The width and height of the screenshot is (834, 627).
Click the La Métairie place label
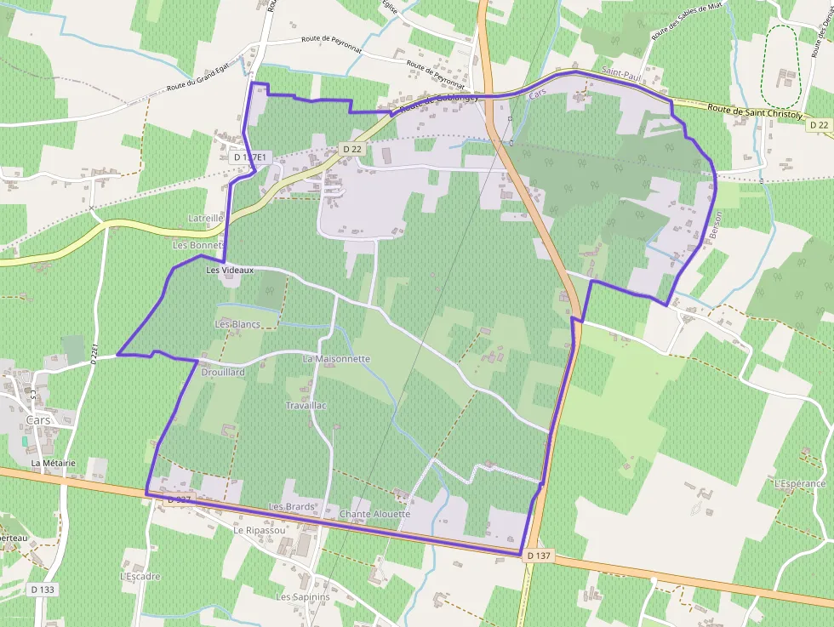coord(54,463)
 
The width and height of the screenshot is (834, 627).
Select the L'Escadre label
coord(140,576)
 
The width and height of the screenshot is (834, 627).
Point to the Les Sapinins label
coord(303,597)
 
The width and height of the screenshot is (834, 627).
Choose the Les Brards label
coord(292,506)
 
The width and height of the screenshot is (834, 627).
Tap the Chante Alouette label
coord(374,514)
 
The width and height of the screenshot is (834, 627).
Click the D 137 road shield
coord(540,556)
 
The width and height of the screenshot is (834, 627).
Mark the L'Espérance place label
coord(800,483)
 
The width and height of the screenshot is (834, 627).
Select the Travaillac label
coord(306,406)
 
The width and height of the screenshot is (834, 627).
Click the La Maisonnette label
coord(336,359)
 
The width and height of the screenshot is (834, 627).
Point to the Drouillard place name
coord(223,373)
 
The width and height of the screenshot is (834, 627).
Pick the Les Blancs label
coord(237,324)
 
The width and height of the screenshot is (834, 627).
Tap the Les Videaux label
coord(230,270)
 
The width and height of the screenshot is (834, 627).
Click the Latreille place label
coord(205,219)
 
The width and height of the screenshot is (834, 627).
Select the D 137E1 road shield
coord(250,157)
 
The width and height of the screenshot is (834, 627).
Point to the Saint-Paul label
coord(620,77)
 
